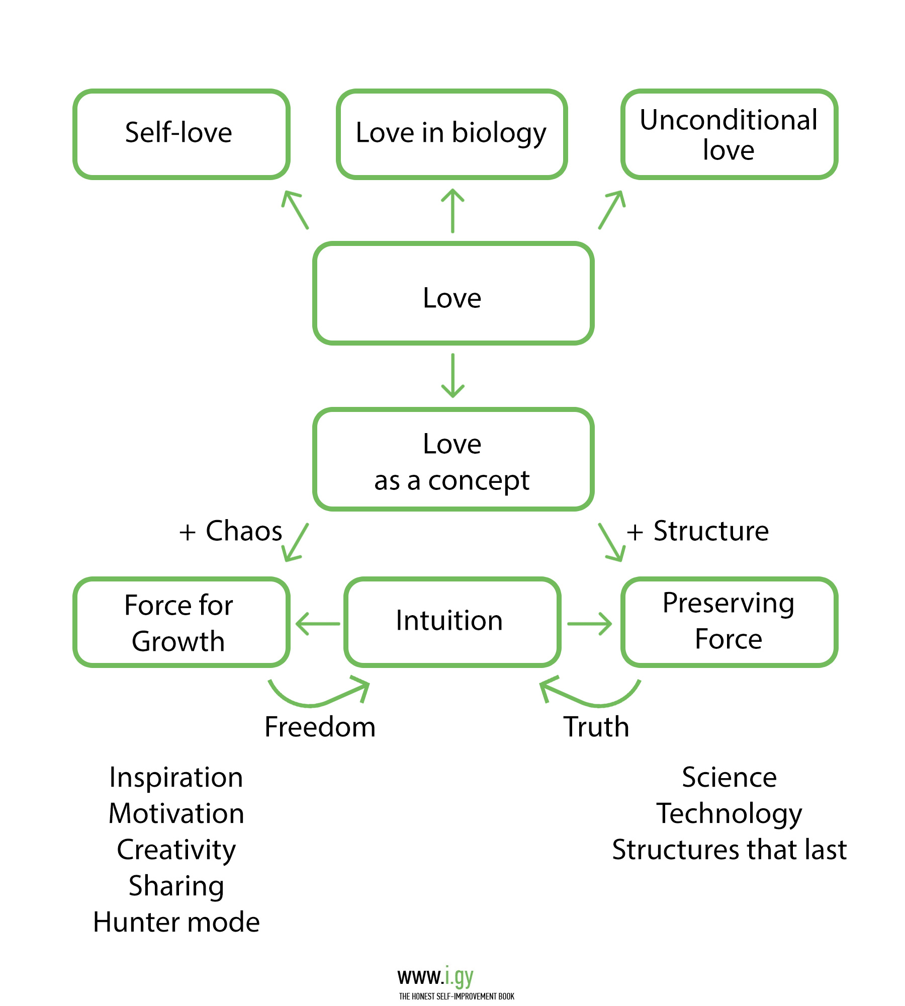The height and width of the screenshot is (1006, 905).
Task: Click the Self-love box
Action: (x=181, y=134)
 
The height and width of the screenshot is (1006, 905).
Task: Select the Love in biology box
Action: (x=451, y=134)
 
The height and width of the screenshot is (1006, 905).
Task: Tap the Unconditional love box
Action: (x=729, y=134)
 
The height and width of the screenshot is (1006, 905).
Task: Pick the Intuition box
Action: (x=451, y=622)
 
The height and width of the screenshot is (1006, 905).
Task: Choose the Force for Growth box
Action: (x=181, y=622)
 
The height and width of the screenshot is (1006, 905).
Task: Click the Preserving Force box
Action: (x=729, y=622)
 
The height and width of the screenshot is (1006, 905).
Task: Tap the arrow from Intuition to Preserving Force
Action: (x=589, y=624)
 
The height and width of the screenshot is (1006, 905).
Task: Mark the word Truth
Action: (x=596, y=727)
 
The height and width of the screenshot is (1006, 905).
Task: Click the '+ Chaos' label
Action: (x=231, y=531)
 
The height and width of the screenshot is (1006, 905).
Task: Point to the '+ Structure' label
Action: (x=698, y=531)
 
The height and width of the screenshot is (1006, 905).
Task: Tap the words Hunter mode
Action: (x=176, y=923)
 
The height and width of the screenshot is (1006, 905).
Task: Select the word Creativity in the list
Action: (x=176, y=850)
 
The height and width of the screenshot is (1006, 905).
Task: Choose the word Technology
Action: (x=729, y=814)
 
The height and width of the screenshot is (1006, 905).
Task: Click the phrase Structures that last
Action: (x=729, y=850)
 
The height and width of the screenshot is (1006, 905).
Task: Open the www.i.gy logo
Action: (x=435, y=977)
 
